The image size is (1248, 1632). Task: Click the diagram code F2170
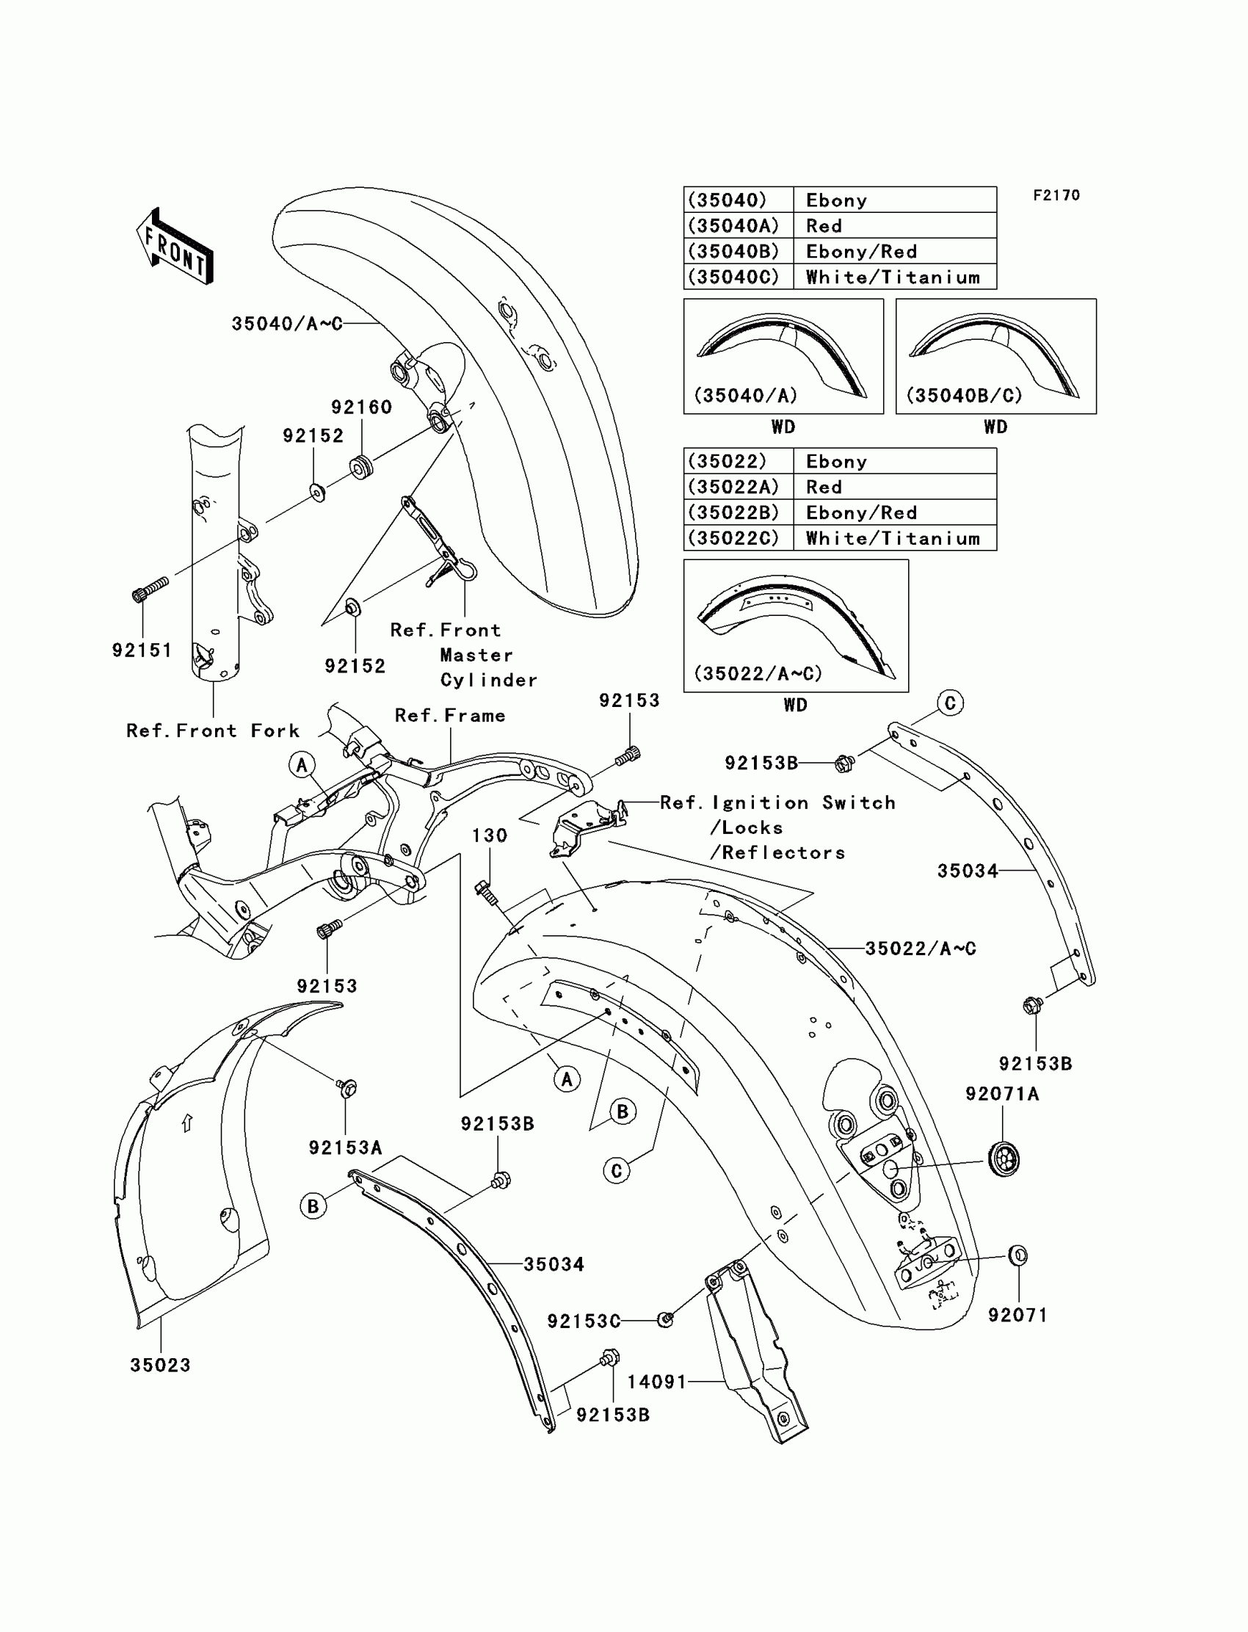point(1056,195)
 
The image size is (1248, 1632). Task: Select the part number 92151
point(142,650)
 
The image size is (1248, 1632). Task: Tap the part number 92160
point(361,407)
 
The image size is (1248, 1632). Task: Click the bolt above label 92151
point(150,590)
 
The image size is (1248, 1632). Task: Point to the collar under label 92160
point(362,468)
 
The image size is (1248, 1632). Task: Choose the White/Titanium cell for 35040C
point(893,278)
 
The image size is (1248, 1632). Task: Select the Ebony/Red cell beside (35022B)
point(862,513)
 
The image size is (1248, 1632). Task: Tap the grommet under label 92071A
point(1004,1158)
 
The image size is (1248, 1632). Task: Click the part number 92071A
point(1002,1094)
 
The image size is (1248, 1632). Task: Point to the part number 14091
point(657,1382)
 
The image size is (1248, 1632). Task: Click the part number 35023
point(161,1366)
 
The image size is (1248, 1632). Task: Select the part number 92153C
point(584,1321)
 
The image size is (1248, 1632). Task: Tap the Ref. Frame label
point(450,716)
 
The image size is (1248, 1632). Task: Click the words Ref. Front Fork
point(213,731)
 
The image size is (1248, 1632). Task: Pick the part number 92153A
point(346,1148)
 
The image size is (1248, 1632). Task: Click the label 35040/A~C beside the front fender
point(288,324)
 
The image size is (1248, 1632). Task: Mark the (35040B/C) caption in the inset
point(964,396)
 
